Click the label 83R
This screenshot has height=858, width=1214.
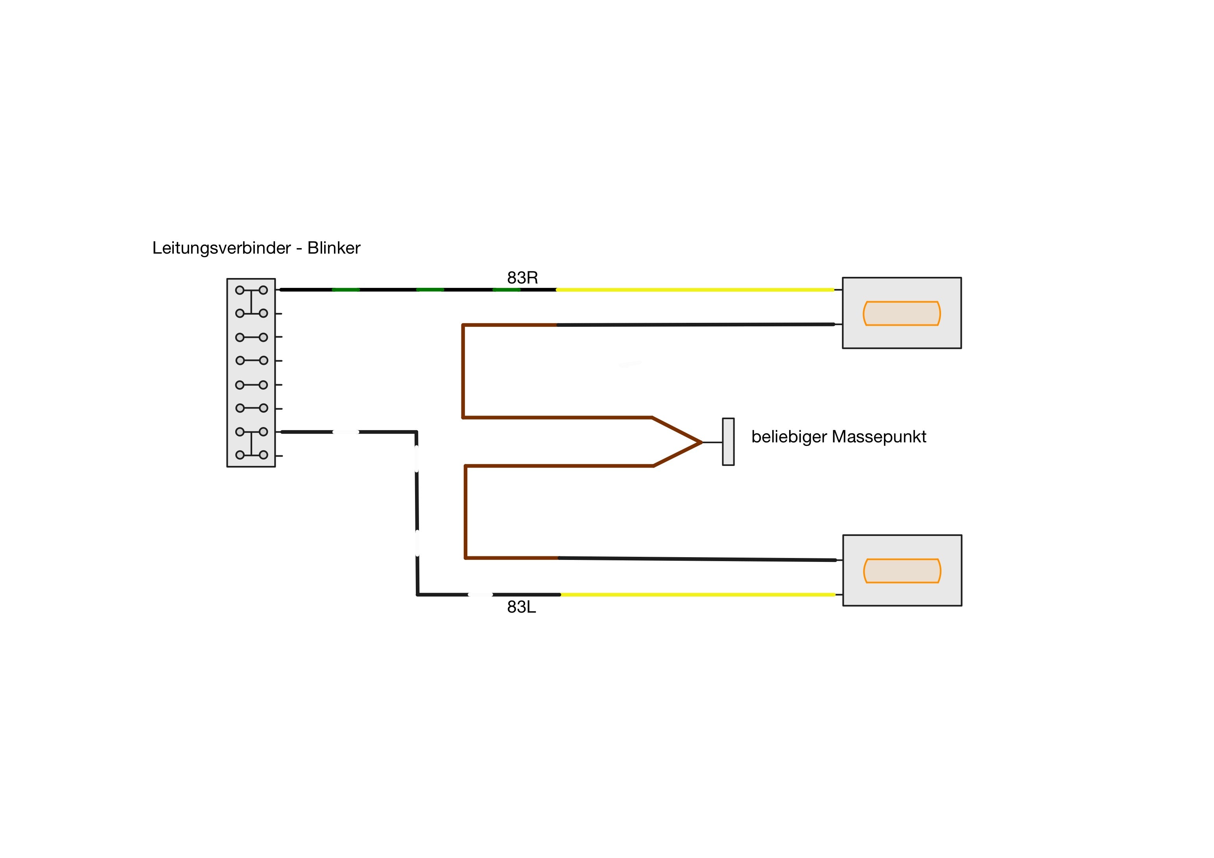coord(522,278)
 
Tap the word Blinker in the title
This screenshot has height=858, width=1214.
coord(334,248)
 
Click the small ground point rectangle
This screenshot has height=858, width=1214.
coord(728,442)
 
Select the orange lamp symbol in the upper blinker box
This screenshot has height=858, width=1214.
coord(902,313)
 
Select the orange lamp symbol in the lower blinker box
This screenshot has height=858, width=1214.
coord(902,571)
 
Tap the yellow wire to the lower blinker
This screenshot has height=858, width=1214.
coord(698,595)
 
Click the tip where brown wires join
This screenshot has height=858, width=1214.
coord(701,442)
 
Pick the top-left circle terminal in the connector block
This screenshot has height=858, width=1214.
coord(240,290)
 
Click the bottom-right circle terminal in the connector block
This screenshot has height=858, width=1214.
coord(263,455)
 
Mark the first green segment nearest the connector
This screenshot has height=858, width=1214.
coord(346,290)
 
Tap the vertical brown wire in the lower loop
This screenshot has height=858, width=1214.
coord(465,512)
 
